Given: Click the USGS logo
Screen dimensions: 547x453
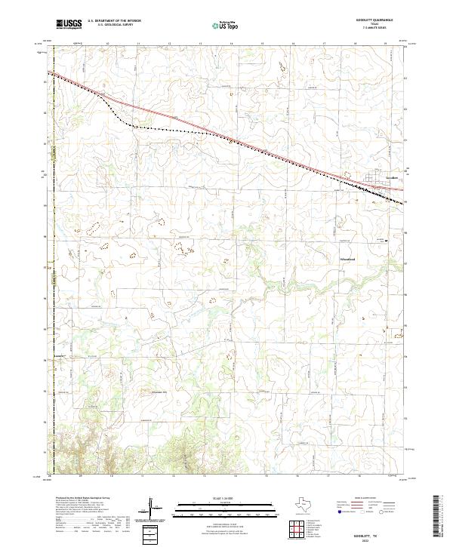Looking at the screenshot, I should click(69, 23).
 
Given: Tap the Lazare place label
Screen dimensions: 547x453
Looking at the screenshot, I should click(58, 354).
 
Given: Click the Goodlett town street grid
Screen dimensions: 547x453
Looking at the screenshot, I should click(374, 180).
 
